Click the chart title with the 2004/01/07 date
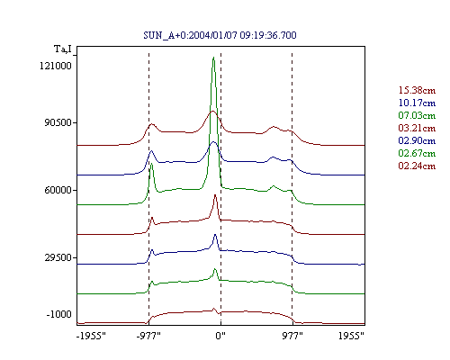point(220,35)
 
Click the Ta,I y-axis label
point(63,49)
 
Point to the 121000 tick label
point(56,66)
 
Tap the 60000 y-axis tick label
point(58,190)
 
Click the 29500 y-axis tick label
point(58,257)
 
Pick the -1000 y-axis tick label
point(59,314)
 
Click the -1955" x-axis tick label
point(91,336)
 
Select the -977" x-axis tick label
point(148,336)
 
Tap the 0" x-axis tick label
point(220,336)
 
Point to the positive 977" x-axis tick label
point(292,336)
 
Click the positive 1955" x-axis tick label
point(351,336)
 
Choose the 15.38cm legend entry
point(417,90)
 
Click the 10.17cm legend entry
point(417,103)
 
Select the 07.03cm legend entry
point(417,115)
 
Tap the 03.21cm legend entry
point(417,128)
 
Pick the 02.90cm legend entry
point(417,140)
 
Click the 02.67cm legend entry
point(417,153)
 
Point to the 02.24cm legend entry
point(417,166)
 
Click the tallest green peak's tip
point(213,57)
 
